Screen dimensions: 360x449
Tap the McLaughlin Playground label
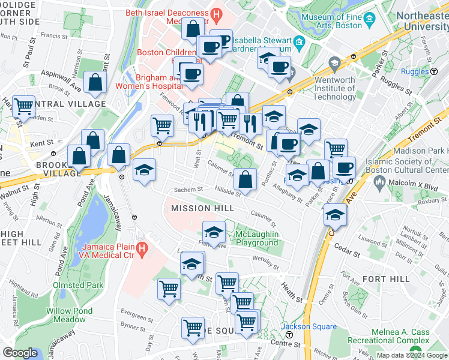click(x=256, y=238)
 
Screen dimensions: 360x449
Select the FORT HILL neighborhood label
click(x=386, y=279)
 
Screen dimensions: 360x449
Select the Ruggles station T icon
click(x=433, y=71)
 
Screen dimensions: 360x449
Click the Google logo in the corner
click(x=20, y=353)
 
